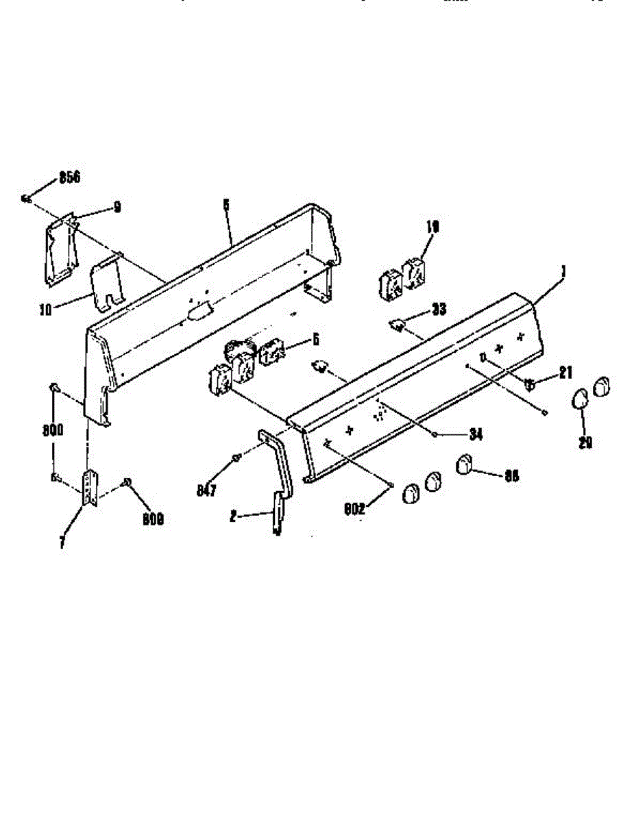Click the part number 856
point(69,177)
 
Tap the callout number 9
point(117,206)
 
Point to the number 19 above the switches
point(431,227)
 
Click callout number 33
point(439,310)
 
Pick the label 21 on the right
point(565,373)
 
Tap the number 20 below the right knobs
point(585,443)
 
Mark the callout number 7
point(62,543)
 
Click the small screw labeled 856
point(25,199)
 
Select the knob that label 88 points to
point(464,465)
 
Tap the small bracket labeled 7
point(90,488)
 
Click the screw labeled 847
point(236,458)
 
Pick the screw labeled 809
point(127,484)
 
